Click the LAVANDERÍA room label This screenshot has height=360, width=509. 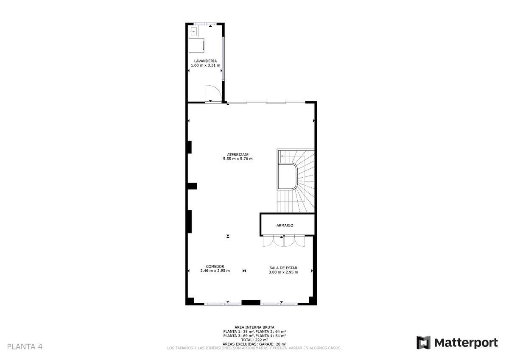click(205, 61)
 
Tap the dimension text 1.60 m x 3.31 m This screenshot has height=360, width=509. click(205, 65)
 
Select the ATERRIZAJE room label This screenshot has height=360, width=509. click(238, 155)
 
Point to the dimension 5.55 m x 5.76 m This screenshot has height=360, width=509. click(238, 159)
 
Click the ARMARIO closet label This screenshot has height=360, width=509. click(285, 225)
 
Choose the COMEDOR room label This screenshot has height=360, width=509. click(215, 266)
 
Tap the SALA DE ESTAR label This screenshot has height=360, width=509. click(283, 268)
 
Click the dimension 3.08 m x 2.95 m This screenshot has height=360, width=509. click(283, 272)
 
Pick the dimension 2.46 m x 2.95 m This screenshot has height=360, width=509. click(215, 271)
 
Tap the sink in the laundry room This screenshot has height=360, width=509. click(194, 31)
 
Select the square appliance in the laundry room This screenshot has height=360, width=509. click(196, 45)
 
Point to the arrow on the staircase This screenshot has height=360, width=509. click(293, 156)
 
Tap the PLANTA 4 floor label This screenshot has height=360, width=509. click(25, 347)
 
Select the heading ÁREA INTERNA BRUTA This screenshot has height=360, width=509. click(255, 327)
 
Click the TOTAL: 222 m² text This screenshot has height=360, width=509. click(255, 340)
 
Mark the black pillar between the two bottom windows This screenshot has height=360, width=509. click(251, 302)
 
